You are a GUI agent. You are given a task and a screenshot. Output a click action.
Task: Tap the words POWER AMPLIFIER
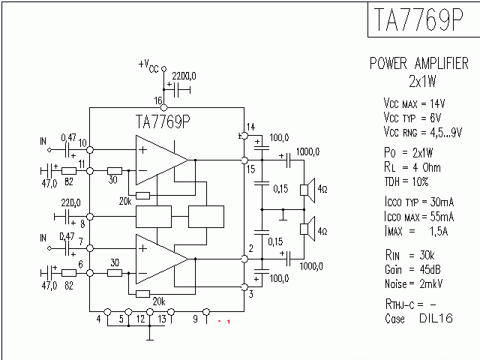(x=419, y=64)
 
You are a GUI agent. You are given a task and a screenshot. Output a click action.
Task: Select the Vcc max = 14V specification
(x=414, y=103)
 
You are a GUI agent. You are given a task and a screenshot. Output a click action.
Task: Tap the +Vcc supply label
(x=148, y=66)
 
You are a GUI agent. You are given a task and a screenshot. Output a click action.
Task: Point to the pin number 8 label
(x=82, y=223)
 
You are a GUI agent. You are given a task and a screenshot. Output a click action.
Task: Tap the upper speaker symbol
(x=307, y=190)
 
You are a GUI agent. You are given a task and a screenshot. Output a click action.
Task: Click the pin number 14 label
(x=250, y=126)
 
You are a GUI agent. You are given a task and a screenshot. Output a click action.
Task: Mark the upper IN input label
(x=43, y=140)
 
